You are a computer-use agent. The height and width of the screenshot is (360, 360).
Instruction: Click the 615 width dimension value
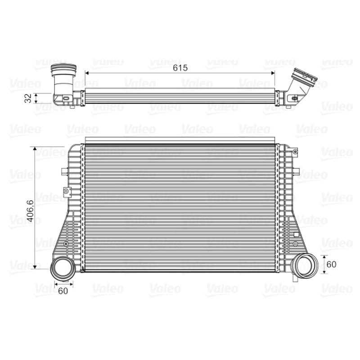pos(180,68)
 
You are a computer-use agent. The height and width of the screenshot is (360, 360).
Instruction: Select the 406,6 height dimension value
pos(30,211)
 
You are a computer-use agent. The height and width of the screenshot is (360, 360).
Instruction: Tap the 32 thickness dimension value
pos(28,98)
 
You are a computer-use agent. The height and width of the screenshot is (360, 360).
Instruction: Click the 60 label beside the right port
pos(331,264)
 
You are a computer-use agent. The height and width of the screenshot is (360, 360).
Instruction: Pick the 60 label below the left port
pos(63,291)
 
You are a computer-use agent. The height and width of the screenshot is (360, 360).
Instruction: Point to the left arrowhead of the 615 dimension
pos(87,73)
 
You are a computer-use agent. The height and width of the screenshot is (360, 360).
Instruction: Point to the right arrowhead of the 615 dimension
pos(273,73)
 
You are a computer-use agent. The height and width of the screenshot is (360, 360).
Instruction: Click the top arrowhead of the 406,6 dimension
pos(35,148)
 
